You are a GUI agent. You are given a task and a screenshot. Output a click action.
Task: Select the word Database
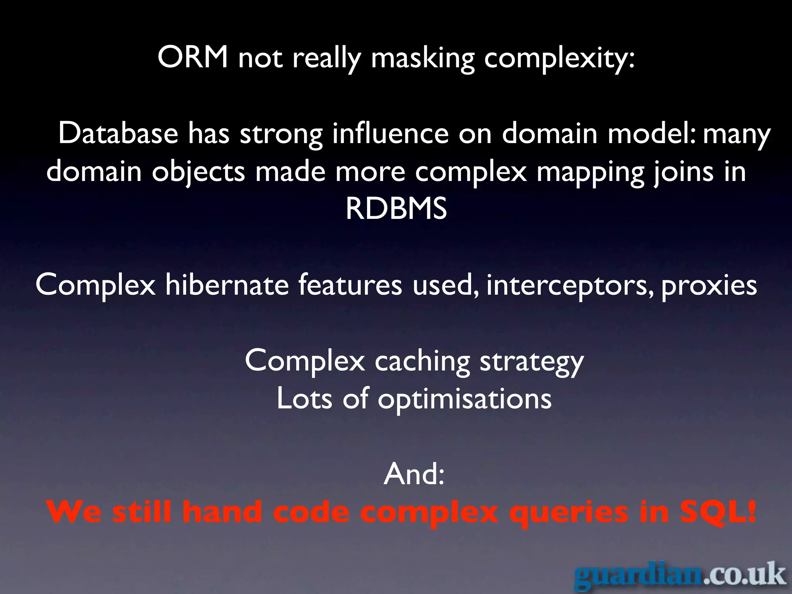click(118, 133)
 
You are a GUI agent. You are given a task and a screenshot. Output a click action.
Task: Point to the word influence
click(390, 133)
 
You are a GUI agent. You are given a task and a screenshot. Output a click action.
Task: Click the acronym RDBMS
click(396, 209)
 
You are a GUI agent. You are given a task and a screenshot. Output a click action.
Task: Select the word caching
click(422, 362)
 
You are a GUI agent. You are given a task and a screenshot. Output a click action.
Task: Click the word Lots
click(304, 399)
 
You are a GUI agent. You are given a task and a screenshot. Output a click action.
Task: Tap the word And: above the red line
click(414, 475)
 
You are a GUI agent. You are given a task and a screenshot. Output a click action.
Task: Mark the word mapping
click(590, 172)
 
